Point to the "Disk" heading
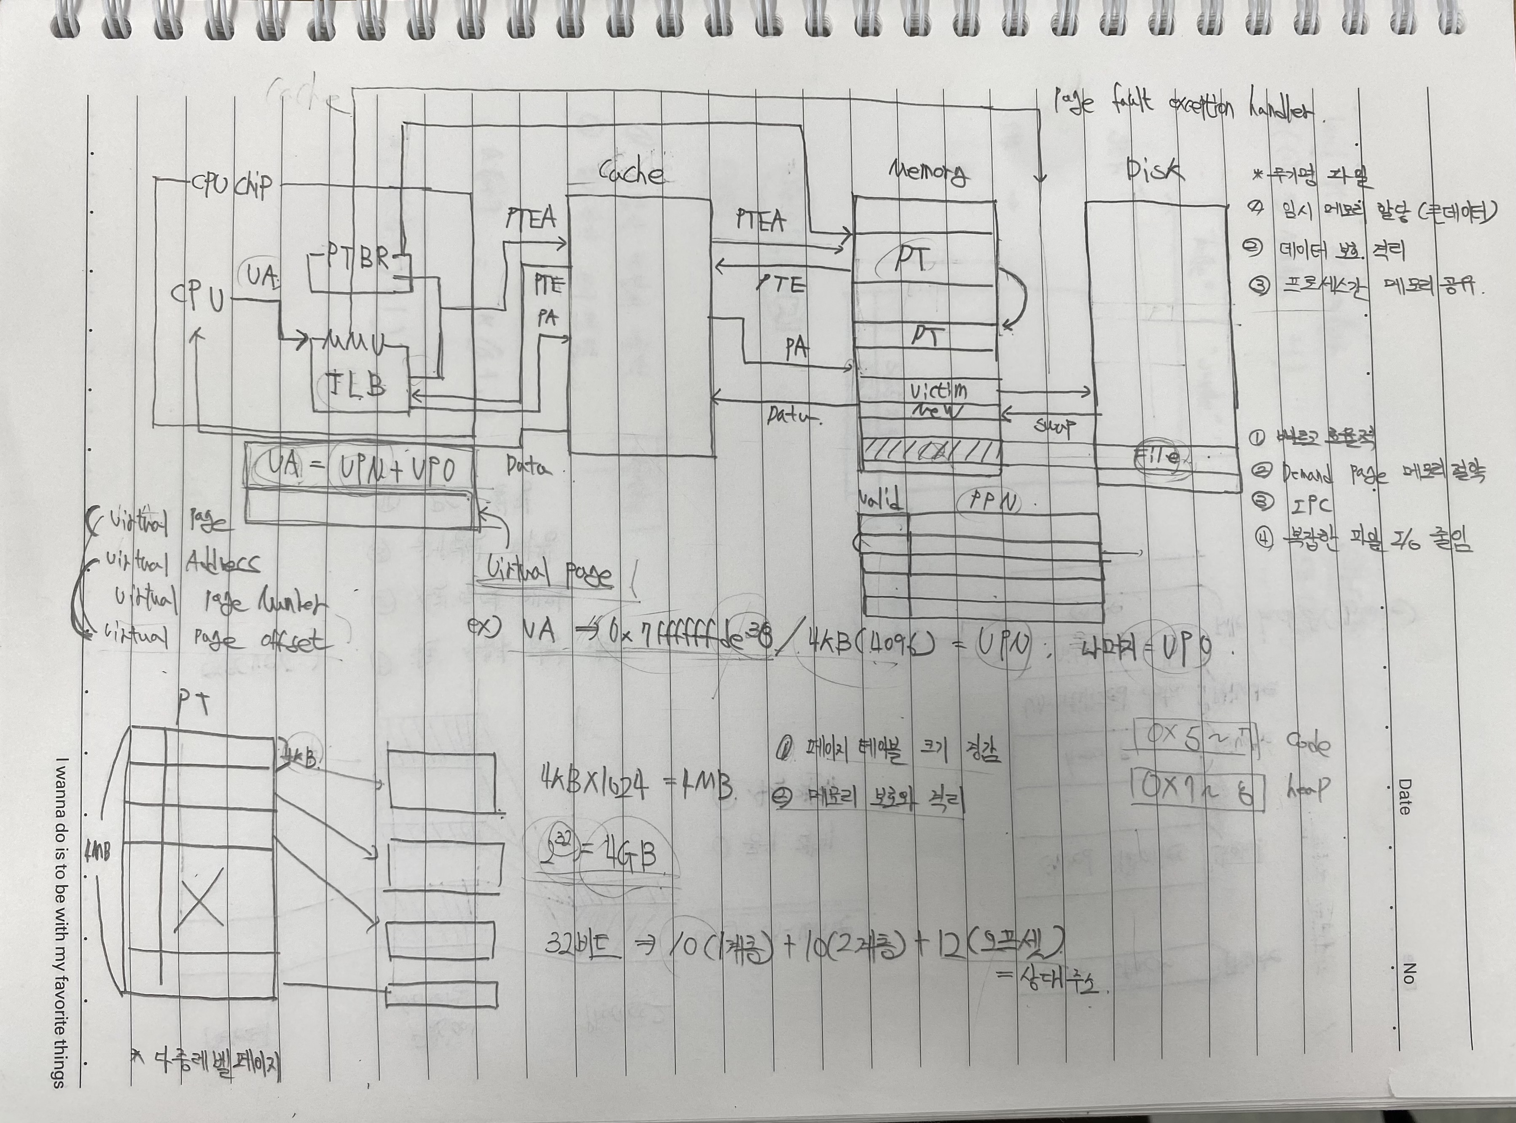(1154, 170)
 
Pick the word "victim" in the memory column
(938, 391)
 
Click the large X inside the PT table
(199, 899)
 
